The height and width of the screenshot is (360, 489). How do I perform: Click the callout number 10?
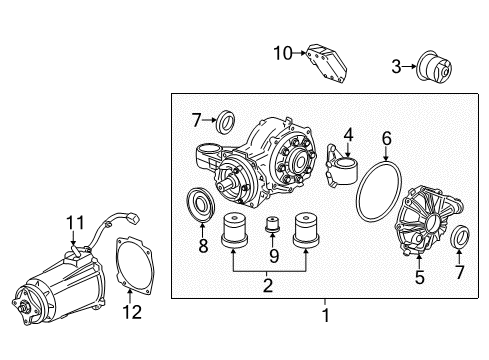[x=282, y=51]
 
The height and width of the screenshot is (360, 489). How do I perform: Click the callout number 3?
[x=396, y=67]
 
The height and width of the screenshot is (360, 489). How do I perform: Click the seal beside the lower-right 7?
[x=463, y=265]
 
